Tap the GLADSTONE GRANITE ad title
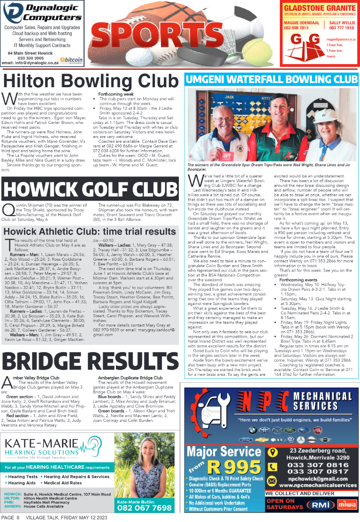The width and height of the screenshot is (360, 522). point(318,8)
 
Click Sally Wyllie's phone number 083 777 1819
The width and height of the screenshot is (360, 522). point(341,28)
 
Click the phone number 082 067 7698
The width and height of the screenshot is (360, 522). point(144,507)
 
